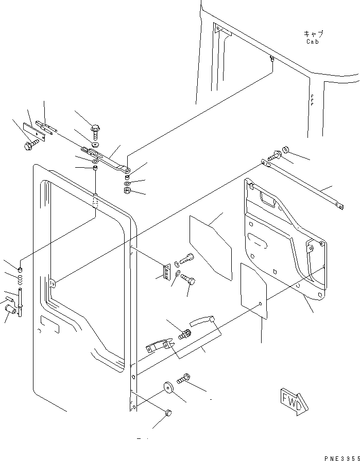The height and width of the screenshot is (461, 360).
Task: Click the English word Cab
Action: (x=312, y=42)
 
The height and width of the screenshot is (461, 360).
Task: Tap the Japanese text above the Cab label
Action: (x=313, y=34)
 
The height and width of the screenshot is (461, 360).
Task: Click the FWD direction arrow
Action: (x=294, y=401)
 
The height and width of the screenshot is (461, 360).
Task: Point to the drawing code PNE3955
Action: (x=342, y=458)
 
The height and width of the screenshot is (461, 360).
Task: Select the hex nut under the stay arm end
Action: (x=127, y=190)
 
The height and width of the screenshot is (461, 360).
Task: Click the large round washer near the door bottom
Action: (x=168, y=387)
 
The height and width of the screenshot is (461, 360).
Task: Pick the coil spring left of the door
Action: (x=20, y=280)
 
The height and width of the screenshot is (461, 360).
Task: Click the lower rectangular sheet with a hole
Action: (x=254, y=291)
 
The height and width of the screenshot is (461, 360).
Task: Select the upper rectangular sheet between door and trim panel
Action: (x=211, y=247)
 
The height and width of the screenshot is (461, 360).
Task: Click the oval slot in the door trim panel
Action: (x=258, y=240)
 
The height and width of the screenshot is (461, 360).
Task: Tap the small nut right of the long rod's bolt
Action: (x=285, y=150)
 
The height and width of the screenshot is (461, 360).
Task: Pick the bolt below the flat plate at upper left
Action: (x=31, y=145)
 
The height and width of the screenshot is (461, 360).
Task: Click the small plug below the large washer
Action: (x=168, y=413)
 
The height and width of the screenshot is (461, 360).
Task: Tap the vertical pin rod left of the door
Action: (x=20, y=303)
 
